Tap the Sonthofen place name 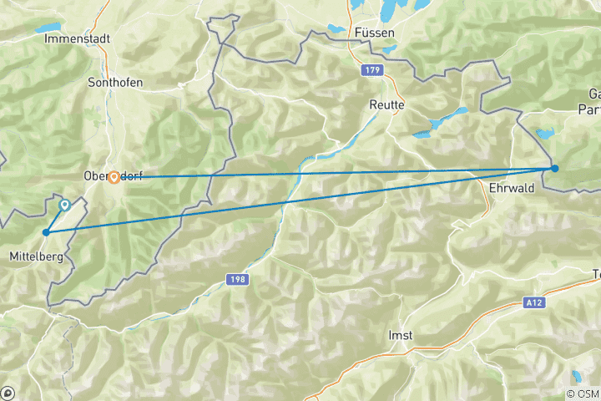pos(115,83)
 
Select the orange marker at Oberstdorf pos(114,177)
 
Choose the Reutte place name pos(386,105)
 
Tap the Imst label pos(401,335)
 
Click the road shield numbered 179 pos(371,72)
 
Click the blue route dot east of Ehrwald pos(554,169)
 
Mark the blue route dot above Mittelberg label pos(45,231)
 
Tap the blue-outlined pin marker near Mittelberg pos(64,204)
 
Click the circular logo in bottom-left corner pos(8,393)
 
